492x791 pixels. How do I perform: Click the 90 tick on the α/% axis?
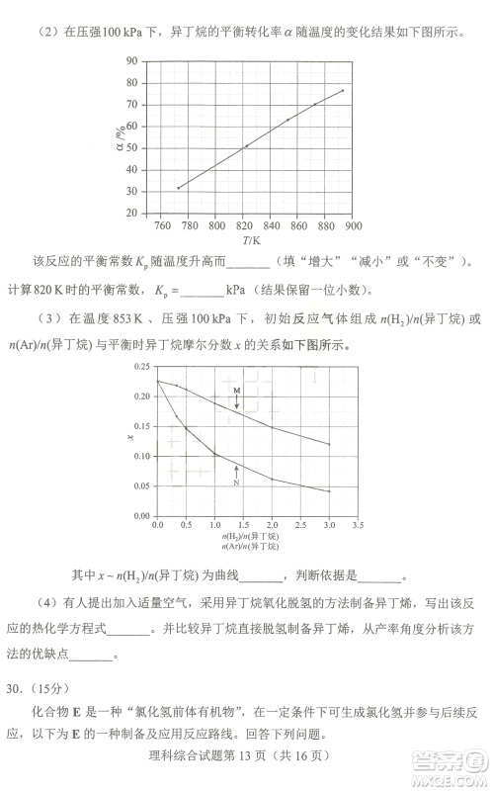click(130, 61)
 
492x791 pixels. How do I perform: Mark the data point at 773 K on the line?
click(178, 188)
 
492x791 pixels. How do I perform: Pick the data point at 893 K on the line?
click(343, 91)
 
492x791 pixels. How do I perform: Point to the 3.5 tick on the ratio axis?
click(357, 525)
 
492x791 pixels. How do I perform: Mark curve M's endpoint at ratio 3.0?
click(329, 444)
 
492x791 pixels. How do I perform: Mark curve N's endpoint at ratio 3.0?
click(329, 491)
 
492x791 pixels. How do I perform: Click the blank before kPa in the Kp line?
click(203, 291)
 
